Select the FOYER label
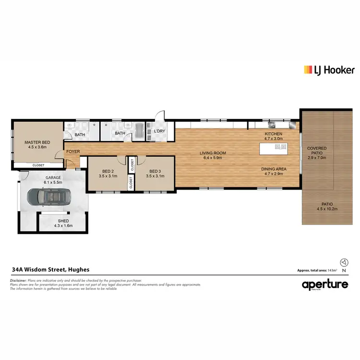[x=73, y=152]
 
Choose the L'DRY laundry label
[x=159, y=131]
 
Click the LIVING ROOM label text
[x=214, y=153]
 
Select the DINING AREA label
[x=274, y=169]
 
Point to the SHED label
[x=63, y=222]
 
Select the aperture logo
[x=324, y=285]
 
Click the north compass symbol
[x=344, y=263]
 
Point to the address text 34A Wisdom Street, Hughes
[x=50, y=270]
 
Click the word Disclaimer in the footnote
[x=20, y=280]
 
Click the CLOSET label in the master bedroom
[x=38, y=165]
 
